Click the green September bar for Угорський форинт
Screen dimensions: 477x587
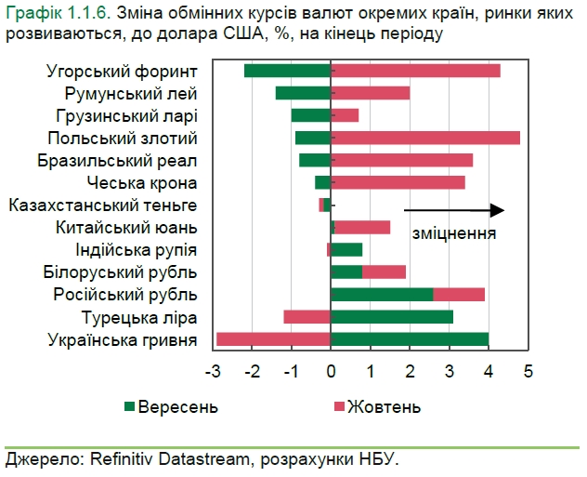288,71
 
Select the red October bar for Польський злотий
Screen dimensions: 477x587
425,138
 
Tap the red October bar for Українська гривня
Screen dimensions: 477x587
274,339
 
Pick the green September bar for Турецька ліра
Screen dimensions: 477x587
392,317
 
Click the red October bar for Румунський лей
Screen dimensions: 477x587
371,93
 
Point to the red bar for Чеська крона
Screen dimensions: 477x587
398,182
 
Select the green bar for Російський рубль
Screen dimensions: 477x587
382,295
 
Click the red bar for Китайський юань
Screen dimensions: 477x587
362,227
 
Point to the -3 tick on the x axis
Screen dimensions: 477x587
213,372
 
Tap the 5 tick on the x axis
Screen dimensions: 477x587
528,372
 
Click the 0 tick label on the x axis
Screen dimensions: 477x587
332,372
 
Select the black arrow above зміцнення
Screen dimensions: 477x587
454,210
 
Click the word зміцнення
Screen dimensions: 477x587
454,233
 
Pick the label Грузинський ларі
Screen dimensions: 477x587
131,115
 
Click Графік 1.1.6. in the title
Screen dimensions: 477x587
60,13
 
